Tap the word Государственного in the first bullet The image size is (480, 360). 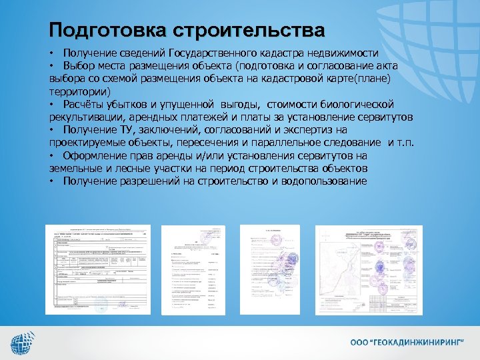pyautogui.click(x=215, y=53)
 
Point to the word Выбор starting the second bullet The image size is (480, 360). pyautogui.click(x=79, y=65)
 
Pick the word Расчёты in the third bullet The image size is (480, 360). pyautogui.click(x=85, y=104)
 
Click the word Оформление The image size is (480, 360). pyautogui.click(x=94, y=155)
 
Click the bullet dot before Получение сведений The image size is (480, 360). pyautogui.click(x=51, y=53)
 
